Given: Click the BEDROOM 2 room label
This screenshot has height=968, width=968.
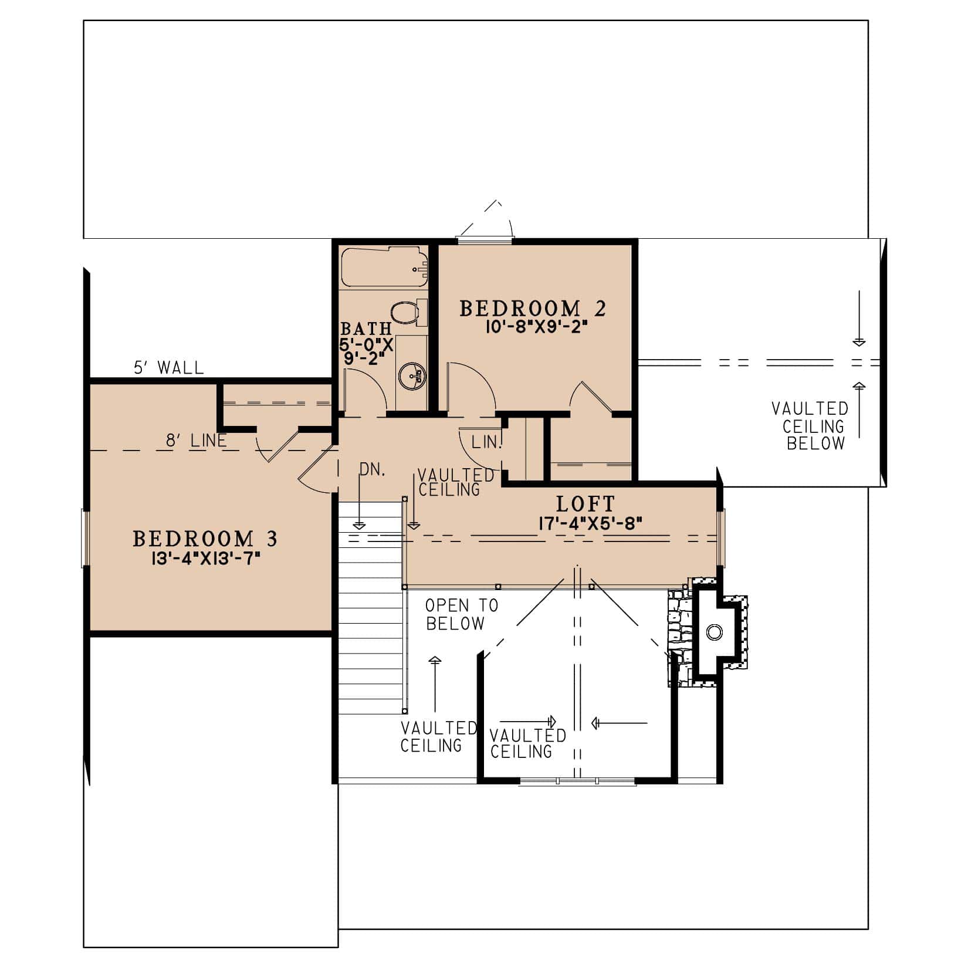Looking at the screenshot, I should pos(532,309).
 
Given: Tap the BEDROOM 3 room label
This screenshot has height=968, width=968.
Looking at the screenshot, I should pos(205,539).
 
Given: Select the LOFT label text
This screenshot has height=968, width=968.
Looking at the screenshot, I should pos(585,504).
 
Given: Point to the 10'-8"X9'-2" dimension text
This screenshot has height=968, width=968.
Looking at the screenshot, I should pos(537,327).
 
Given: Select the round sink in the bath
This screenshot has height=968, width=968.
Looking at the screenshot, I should pos(410,375).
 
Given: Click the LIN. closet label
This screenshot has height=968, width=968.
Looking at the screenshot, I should pos(486,442).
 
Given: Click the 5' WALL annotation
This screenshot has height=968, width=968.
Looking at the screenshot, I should pos(169,368).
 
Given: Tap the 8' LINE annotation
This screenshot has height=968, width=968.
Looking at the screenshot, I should pos(196,441).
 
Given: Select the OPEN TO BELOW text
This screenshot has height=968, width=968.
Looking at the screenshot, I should pos(461,614).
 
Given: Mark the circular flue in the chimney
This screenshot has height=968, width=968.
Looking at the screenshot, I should pos(714,632).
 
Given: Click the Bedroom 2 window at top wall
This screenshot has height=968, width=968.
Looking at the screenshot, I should pos(485,239).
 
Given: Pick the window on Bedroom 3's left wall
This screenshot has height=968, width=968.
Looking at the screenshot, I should pos(84,539).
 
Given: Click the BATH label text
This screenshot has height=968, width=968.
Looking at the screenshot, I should pos(365,329).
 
